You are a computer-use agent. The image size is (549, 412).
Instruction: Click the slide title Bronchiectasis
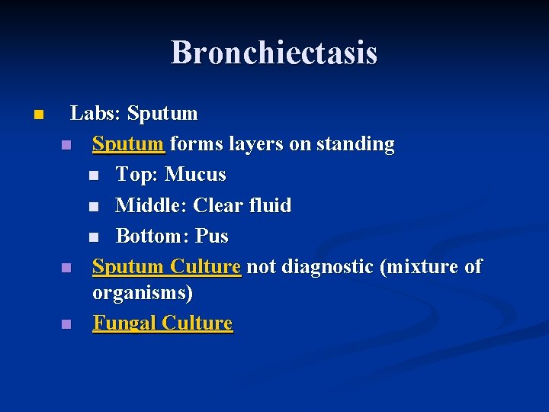point(274,53)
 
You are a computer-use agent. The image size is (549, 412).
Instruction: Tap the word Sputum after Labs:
point(162,114)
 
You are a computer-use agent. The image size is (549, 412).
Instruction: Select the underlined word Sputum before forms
point(128,144)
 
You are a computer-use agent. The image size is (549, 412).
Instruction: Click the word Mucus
point(195,175)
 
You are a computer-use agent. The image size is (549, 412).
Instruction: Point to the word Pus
point(212,236)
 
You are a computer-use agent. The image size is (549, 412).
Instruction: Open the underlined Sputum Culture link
point(166,266)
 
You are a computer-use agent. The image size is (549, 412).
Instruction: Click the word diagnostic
point(326,266)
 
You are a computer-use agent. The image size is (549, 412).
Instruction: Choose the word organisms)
point(143,292)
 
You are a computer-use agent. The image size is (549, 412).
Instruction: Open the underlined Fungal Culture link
point(162,323)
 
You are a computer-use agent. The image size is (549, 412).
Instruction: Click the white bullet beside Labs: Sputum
point(37,115)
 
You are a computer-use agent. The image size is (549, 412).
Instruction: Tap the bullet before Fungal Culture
point(66,324)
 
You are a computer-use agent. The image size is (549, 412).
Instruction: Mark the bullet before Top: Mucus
point(93,176)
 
